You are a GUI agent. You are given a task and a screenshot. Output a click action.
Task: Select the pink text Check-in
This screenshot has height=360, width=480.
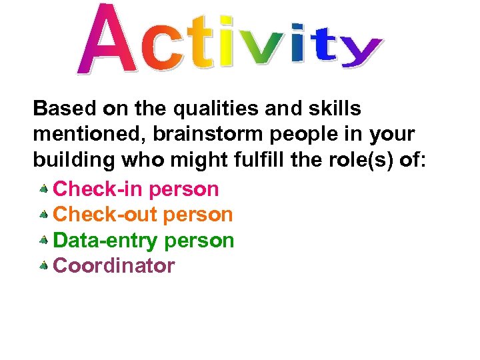tap(98, 189)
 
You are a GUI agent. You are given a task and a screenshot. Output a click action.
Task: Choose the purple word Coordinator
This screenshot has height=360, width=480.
tap(114, 266)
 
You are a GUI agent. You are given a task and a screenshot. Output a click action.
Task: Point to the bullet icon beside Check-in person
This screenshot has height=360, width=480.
tap(43, 189)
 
